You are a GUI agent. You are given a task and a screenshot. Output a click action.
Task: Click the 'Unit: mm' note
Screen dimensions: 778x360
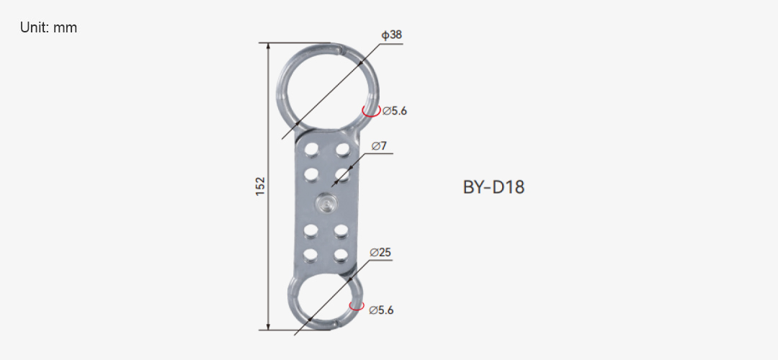click(49, 28)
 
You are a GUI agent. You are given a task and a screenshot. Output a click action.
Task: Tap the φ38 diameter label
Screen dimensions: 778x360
click(391, 35)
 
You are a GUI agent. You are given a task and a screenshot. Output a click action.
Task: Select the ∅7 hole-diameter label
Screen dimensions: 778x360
click(379, 145)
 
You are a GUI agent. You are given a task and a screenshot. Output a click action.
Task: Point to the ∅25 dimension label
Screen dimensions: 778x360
click(380, 253)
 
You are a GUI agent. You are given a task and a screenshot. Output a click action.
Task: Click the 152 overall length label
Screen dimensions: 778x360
click(261, 186)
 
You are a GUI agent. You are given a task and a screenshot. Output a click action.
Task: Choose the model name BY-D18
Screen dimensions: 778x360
click(493, 187)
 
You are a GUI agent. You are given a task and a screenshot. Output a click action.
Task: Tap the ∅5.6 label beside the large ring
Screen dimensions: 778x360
click(395, 111)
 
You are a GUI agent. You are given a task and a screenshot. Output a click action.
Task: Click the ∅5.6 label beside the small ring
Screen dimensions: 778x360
click(382, 310)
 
